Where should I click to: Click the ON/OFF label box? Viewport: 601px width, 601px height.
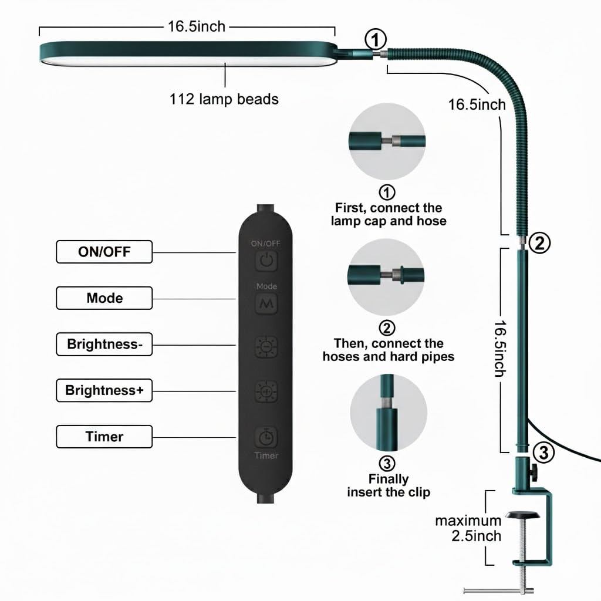104,252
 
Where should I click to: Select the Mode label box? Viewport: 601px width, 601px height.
104,298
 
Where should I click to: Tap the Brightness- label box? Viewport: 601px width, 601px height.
104,344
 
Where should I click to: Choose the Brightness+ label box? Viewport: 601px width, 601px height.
104,390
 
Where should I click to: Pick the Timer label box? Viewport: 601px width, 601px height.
104,437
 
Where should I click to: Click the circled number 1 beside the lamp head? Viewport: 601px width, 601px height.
376,40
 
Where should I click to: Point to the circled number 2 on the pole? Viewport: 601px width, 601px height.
539,242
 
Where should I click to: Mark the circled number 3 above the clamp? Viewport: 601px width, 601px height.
544,453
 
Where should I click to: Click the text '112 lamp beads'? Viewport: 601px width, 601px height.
224,99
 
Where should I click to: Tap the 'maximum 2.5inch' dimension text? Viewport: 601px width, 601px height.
468,528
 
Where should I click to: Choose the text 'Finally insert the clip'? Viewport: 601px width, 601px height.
388,485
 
